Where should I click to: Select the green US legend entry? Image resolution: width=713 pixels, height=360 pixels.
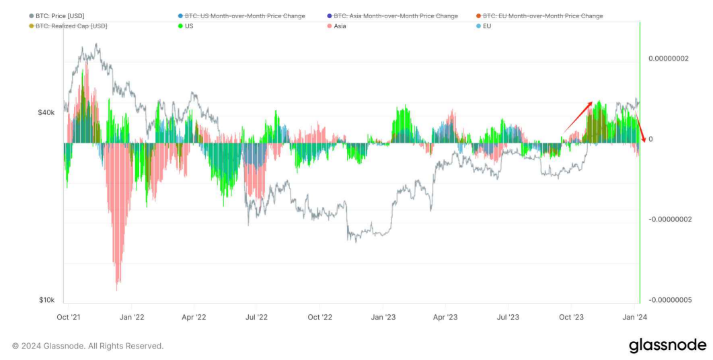click(190, 26)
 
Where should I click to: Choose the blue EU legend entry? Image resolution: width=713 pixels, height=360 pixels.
click(488, 26)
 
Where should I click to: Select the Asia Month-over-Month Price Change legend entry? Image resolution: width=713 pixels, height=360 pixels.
click(396, 15)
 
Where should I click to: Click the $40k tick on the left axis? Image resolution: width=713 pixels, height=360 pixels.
click(46, 113)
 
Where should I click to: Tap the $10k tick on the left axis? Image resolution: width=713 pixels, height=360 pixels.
click(46, 299)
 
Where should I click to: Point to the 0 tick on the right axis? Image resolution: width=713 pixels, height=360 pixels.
click(650, 139)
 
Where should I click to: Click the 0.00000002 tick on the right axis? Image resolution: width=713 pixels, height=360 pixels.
click(669, 59)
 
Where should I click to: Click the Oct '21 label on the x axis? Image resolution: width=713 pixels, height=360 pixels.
click(69, 316)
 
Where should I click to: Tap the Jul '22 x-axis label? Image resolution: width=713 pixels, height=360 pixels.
click(257, 316)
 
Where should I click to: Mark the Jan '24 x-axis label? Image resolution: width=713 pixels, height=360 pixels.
click(635, 316)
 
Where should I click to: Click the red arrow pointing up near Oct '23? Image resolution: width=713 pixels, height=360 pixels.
click(578, 116)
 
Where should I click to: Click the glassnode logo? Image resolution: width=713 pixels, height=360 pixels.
click(667, 345)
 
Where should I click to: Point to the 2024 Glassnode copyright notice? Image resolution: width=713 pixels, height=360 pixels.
click(88, 346)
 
